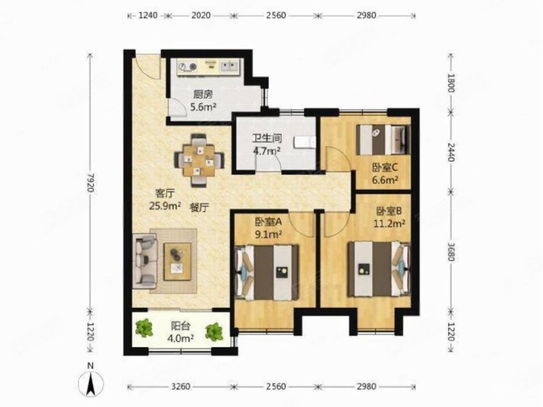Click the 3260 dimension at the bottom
click(179, 387)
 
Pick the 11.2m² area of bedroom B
click(390, 222)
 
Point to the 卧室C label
click(384, 168)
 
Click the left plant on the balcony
click(145, 330)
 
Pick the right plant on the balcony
click(215, 331)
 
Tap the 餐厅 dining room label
click(199, 211)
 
